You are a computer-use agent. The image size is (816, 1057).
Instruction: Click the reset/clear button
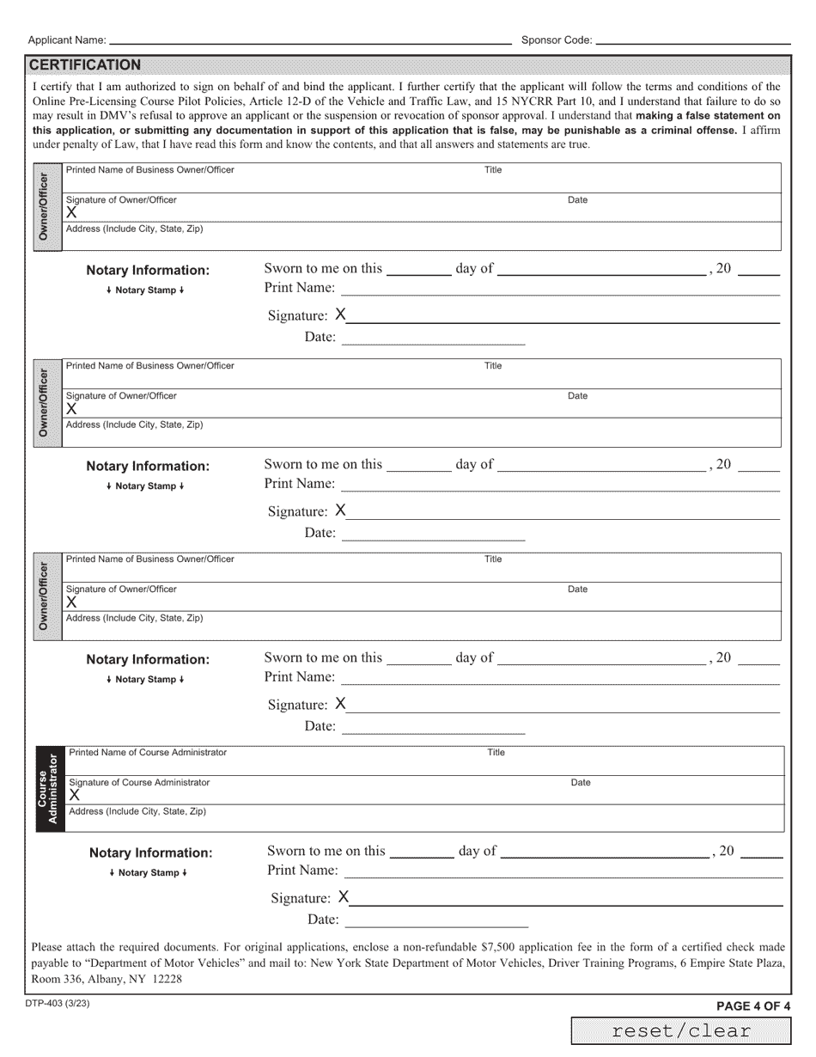click(x=681, y=1031)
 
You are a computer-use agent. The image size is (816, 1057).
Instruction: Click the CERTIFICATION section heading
click(x=85, y=65)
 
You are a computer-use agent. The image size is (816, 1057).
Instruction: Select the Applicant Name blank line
click(x=309, y=40)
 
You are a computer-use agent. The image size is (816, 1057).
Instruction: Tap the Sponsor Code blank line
click(x=692, y=40)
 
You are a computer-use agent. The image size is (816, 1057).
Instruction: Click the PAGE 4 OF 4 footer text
click(x=753, y=1006)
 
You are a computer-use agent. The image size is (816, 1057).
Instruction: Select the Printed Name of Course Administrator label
click(x=148, y=753)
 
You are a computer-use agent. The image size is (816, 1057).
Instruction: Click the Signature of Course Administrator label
click(x=139, y=783)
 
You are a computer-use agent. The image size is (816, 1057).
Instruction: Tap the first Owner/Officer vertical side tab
click(x=46, y=207)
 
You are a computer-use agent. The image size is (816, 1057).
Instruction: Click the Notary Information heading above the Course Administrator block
click(x=150, y=853)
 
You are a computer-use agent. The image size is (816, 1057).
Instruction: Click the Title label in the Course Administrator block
click(x=496, y=753)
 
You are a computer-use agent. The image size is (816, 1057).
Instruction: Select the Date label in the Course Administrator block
click(x=581, y=783)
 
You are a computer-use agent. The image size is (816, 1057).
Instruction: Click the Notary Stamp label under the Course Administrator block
click(x=149, y=873)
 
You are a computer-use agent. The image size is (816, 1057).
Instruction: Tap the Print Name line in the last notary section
click(x=563, y=876)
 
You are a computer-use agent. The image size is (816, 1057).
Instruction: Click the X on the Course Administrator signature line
click(x=75, y=796)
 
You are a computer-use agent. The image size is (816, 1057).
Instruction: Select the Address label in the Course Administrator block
click(x=137, y=812)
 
